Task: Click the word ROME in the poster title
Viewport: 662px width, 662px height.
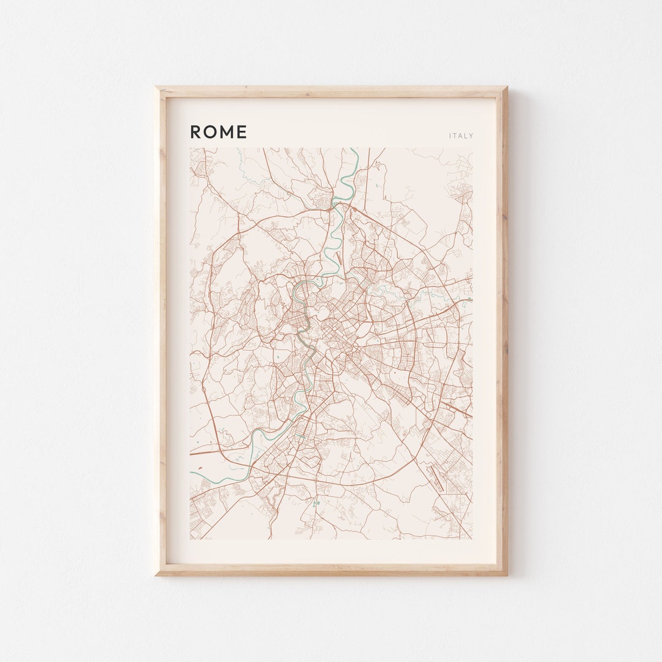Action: pos(218,132)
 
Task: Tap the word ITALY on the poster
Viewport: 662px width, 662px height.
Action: pos(461,136)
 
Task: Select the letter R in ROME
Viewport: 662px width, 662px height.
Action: pos(196,132)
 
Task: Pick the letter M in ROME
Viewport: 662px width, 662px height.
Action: pos(226,132)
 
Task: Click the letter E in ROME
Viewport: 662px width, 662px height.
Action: pos(242,132)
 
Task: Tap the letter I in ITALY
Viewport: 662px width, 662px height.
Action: pos(450,136)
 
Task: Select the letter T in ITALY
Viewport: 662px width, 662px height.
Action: pos(455,136)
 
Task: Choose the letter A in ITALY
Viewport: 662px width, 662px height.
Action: pos(460,136)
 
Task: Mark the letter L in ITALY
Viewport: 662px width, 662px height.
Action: pos(466,136)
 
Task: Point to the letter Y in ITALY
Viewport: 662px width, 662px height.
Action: pos(471,136)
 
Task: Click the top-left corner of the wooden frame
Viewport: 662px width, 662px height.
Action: pos(157,88)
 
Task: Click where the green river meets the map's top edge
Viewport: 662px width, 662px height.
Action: pos(357,148)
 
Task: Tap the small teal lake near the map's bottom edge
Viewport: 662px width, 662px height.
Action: pos(317,504)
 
